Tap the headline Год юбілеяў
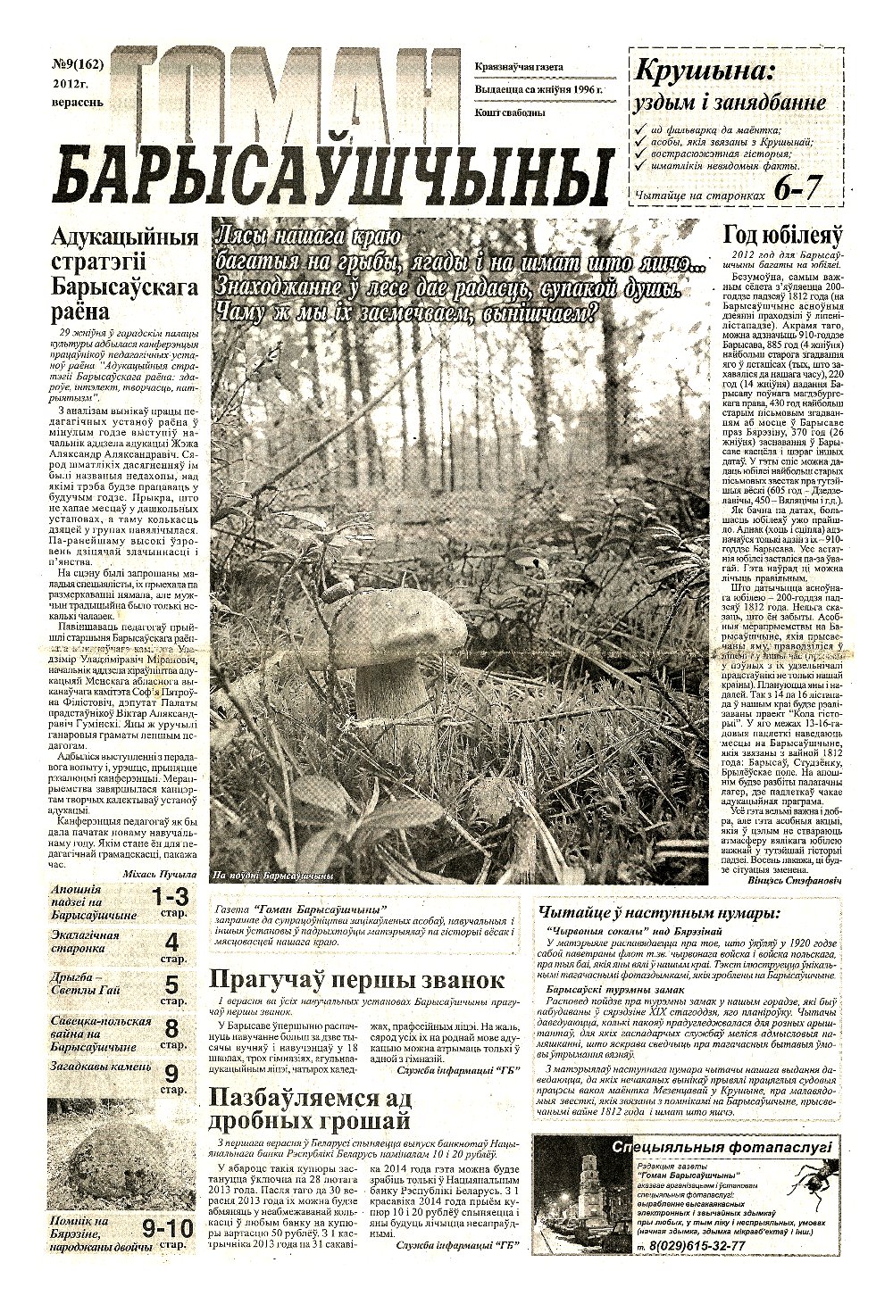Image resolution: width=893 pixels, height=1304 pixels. point(782,236)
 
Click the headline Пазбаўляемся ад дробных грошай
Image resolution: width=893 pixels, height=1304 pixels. point(309,1108)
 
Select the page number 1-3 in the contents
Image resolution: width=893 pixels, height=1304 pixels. point(170,897)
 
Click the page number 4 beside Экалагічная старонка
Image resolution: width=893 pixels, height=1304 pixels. point(171,942)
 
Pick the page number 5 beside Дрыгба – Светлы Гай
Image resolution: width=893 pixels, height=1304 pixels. point(171,985)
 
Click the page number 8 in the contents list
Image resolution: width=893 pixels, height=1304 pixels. point(171,1028)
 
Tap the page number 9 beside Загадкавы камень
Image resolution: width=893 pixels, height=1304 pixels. point(171,1073)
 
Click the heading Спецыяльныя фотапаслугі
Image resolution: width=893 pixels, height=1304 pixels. point(722,1147)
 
